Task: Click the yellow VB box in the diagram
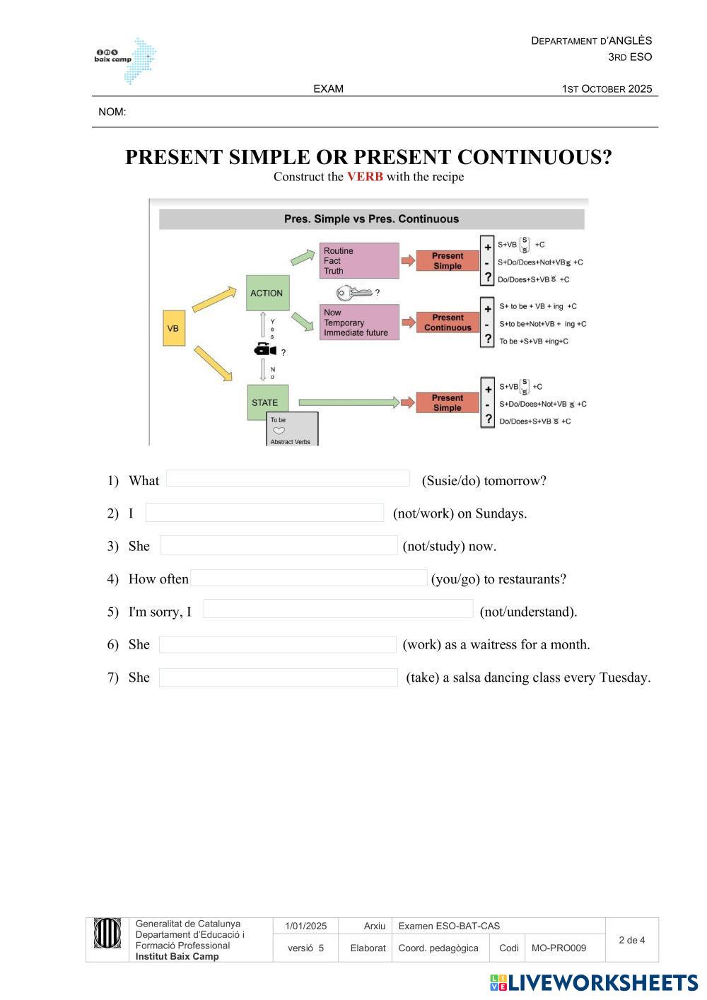coord(173,328)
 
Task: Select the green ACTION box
coord(267,293)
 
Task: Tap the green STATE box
coord(267,402)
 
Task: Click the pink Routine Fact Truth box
coord(359,261)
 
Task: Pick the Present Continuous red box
coord(448,322)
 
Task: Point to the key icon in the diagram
coord(353,292)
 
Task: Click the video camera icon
coord(265,350)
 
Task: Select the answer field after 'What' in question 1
coord(288,479)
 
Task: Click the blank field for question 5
coord(338,609)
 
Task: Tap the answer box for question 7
coord(278,678)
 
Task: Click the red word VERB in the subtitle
coord(365,177)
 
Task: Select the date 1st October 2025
coord(607,89)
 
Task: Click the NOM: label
coord(112,112)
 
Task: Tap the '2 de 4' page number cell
coord(631,940)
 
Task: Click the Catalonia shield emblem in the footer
coord(107,934)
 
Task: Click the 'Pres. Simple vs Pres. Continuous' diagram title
coord(371,219)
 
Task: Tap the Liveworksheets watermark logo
coord(594,982)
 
